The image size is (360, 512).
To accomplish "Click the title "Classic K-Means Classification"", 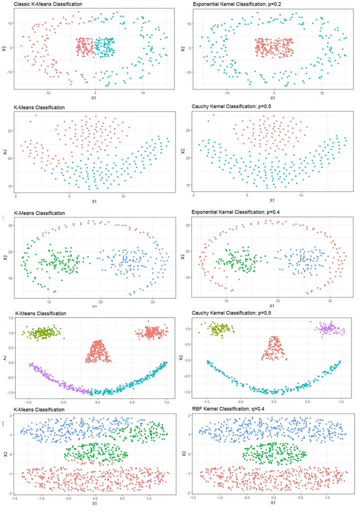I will tap(48, 4).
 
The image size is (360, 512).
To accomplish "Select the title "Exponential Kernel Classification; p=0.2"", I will tap(239, 4).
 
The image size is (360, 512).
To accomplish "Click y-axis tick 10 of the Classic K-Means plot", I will tap(9, 23).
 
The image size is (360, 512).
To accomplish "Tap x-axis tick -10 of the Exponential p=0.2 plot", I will tap(226, 92).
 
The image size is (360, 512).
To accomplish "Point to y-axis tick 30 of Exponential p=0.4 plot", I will tap(187, 225).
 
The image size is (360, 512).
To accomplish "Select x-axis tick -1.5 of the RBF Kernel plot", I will tap(193, 498).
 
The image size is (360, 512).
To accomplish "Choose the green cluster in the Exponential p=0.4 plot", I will tap(237, 260).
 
